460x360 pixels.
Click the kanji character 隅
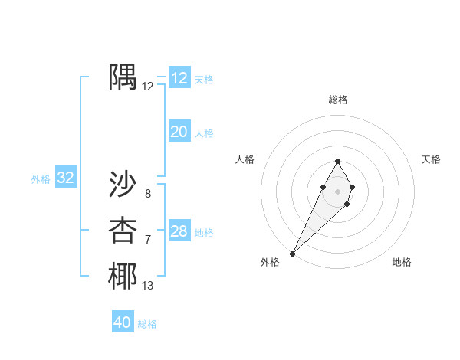click(123, 78)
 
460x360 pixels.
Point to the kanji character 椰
click(123, 277)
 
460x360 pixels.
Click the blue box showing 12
click(179, 78)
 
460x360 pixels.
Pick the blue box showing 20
click(179, 132)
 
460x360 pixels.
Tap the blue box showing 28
click(179, 231)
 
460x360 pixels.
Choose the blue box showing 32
click(66, 178)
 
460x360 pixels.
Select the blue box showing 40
click(123, 322)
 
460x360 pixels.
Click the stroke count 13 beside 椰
click(148, 286)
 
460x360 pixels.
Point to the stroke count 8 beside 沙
click(148, 194)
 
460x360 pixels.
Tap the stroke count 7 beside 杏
click(148, 241)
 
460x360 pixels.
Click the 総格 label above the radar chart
click(337, 100)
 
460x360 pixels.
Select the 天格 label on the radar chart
click(431, 159)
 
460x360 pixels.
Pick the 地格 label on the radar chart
click(402, 262)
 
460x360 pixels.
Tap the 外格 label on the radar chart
click(270, 262)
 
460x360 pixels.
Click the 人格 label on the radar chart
click(245, 159)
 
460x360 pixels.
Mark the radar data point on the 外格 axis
click(293, 253)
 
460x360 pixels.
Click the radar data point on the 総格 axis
click(337, 161)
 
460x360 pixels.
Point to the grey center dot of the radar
click(337, 191)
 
